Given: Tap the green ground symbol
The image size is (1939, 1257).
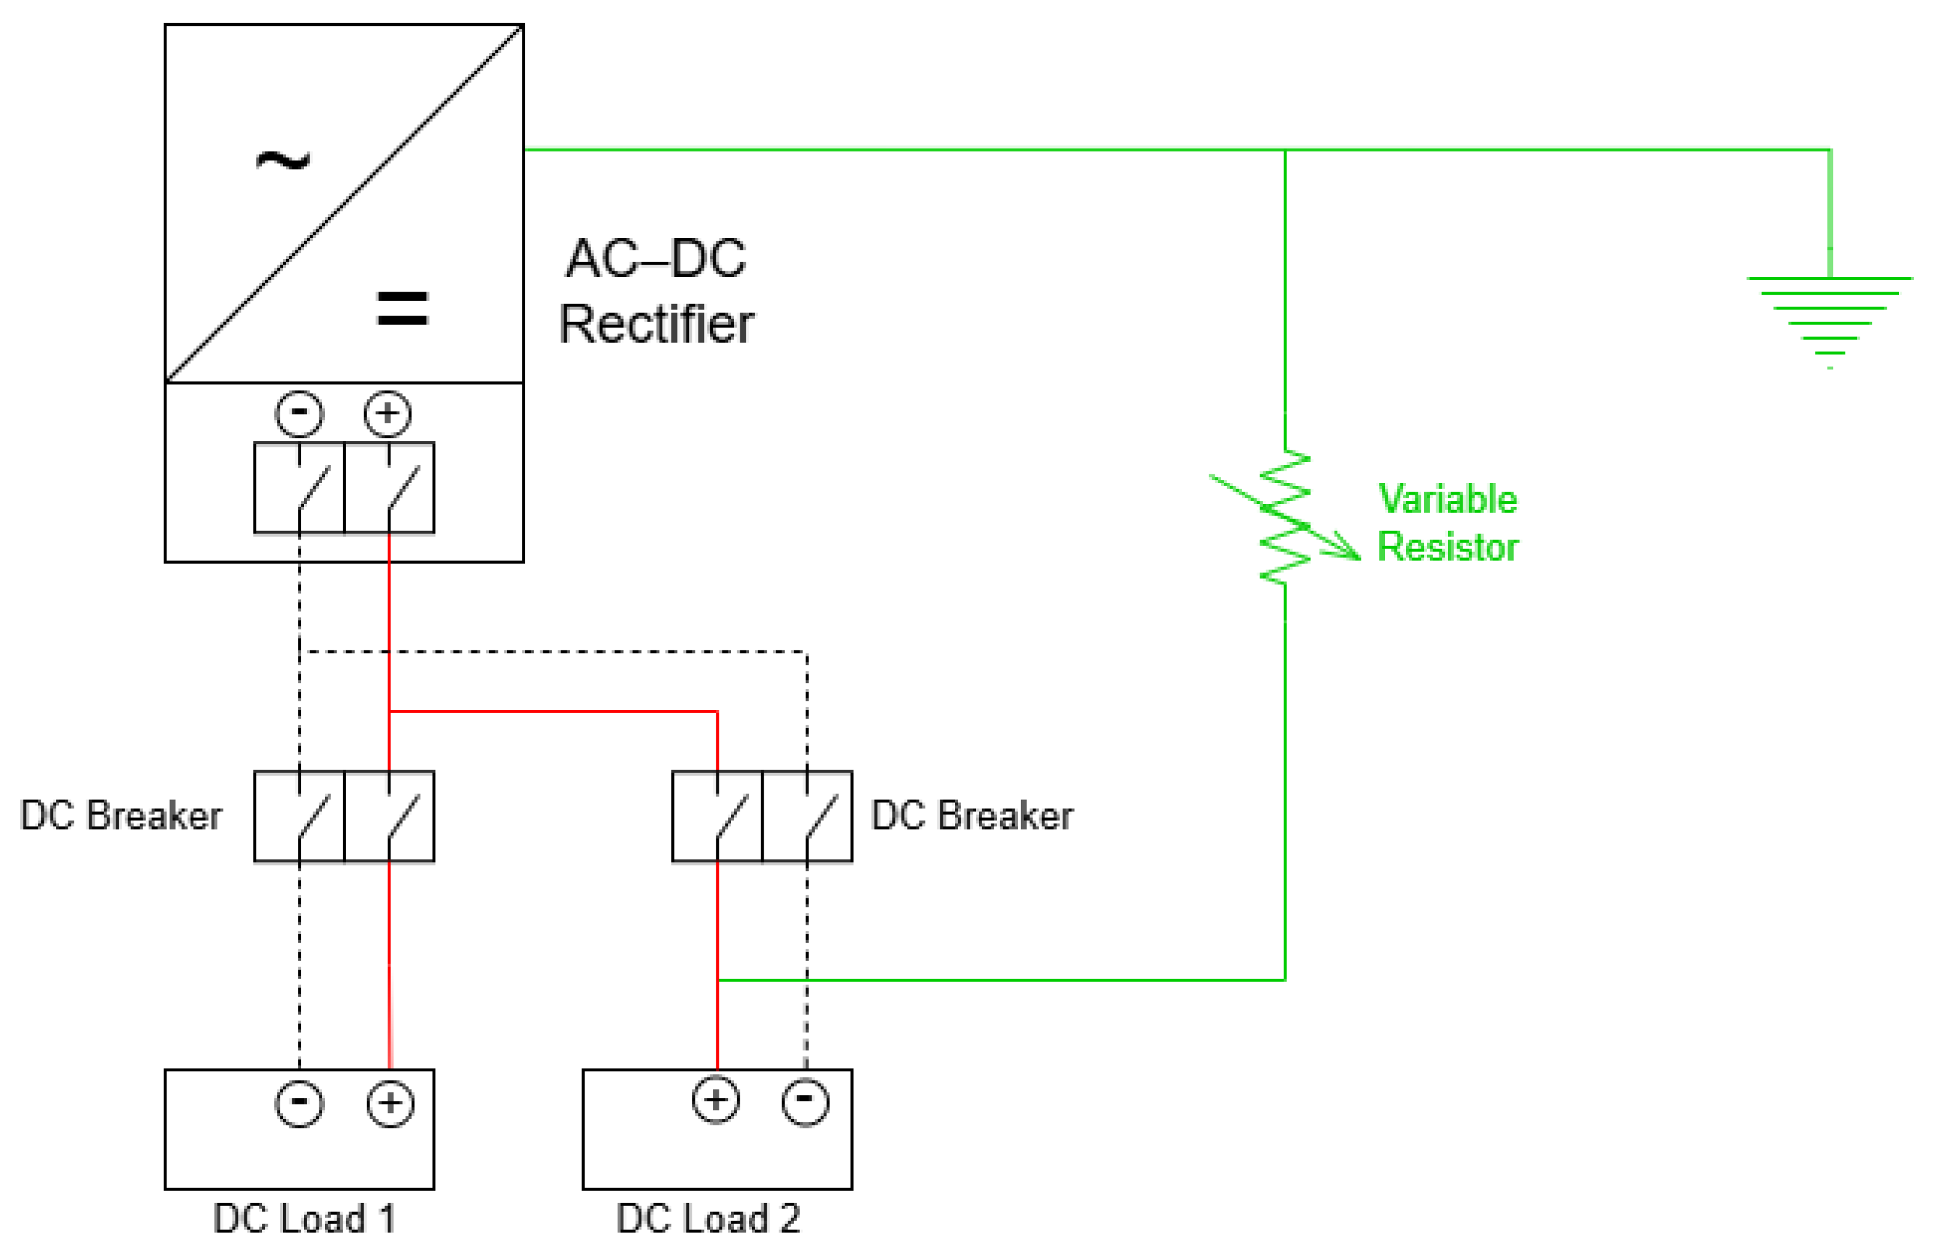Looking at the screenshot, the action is [1830, 322].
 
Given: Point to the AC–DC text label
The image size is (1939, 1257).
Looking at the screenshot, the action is [656, 258].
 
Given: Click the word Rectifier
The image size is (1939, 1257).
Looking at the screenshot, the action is [657, 324].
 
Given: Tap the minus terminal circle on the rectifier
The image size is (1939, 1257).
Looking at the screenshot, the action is [299, 413].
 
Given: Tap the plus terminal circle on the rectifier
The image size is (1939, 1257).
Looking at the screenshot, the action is [388, 413].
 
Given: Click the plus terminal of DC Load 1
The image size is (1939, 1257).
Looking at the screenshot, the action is [390, 1103].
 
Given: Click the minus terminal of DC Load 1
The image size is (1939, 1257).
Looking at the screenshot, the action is [299, 1103].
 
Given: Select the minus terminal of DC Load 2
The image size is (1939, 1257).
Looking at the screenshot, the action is [805, 1101].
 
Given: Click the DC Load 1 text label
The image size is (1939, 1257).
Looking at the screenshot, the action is [305, 1219].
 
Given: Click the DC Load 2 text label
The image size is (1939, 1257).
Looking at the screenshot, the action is [708, 1219].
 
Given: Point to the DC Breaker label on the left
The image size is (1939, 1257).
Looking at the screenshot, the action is [121, 815].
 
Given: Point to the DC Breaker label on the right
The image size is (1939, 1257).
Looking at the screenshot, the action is [972, 815].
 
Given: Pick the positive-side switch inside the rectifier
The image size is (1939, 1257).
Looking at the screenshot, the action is [390, 488].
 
